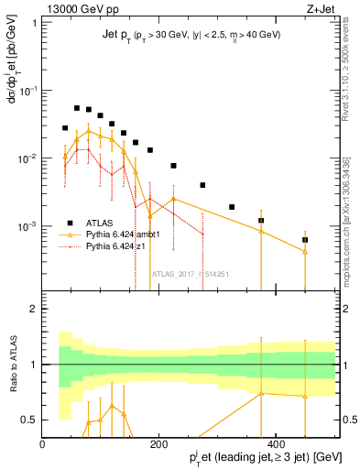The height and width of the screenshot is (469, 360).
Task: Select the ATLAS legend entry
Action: click(101, 223)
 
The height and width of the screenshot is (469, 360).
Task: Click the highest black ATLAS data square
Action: click(77, 108)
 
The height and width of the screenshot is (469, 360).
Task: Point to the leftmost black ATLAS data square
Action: click(65, 128)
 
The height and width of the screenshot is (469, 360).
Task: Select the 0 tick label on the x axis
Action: click(43, 444)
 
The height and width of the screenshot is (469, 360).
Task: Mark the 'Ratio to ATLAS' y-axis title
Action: click(12, 364)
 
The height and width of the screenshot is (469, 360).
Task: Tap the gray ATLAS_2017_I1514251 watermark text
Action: click(190, 274)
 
